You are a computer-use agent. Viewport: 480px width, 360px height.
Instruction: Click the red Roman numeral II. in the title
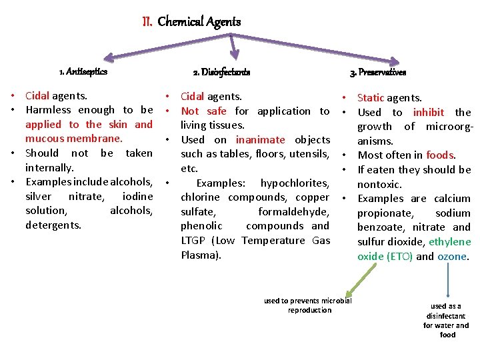[147, 22]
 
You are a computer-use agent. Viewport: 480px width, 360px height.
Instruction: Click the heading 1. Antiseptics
[83, 71]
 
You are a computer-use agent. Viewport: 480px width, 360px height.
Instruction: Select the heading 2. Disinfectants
[221, 72]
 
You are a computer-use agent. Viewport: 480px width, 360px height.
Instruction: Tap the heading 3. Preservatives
[378, 72]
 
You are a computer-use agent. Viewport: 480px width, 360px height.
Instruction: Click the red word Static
[371, 98]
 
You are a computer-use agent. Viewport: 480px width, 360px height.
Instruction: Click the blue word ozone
[452, 256]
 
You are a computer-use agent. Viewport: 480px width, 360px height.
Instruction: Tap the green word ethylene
[449, 242]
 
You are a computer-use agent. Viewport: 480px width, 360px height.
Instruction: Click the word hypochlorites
[295, 183]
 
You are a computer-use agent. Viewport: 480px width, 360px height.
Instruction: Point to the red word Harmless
[48, 110]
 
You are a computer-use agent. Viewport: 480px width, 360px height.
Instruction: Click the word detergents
[53, 225]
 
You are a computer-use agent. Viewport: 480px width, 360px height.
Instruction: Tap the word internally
[49, 167]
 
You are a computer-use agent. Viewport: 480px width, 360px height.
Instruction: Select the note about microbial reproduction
[307, 305]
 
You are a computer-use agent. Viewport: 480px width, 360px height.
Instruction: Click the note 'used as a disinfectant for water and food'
[447, 320]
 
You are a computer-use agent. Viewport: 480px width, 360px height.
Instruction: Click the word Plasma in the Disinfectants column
[200, 255]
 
